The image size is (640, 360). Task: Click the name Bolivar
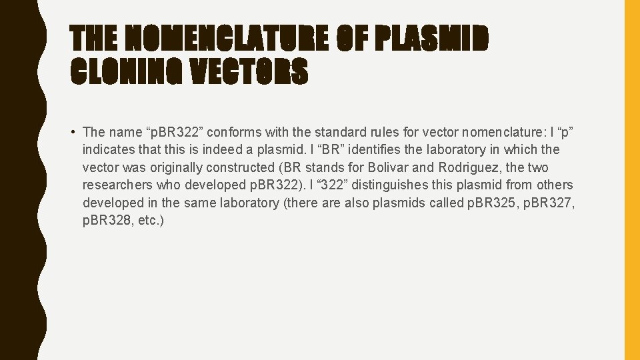390,167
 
